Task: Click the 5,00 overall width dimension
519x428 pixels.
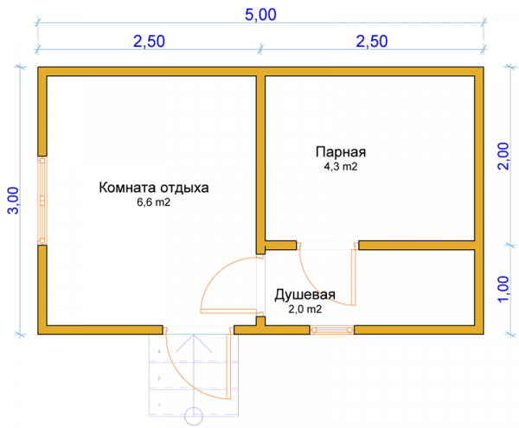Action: [x=260, y=15]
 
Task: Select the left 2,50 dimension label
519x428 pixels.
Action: [x=149, y=42]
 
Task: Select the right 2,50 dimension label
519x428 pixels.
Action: [x=372, y=42]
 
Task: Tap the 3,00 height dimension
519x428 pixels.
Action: [x=14, y=201]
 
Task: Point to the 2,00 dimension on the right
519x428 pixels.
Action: [x=503, y=157]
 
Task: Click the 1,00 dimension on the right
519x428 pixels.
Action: [x=503, y=289]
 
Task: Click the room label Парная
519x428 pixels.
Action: [x=341, y=152]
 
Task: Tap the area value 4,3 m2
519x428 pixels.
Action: [x=341, y=166]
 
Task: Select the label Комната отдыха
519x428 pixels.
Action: [x=154, y=188]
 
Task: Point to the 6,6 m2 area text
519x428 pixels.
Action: [x=154, y=202]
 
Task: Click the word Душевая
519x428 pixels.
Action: [x=304, y=294]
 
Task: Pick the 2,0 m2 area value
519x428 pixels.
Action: [x=304, y=310]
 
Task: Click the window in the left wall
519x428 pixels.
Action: [x=42, y=201]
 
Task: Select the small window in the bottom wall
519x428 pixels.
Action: [x=332, y=329]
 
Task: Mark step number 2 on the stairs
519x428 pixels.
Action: [x=159, y=378]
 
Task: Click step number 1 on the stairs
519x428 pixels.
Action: [x=159, y=405]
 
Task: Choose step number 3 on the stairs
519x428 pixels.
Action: [x=159, y=352]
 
